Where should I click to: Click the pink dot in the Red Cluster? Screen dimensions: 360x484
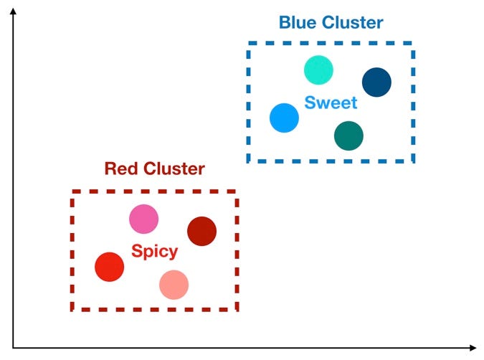tap(143, 219)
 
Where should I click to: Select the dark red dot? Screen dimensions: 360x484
tap(201, 231)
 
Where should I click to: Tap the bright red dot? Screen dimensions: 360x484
tap(110, 266)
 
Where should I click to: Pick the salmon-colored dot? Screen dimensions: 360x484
tap(174, 285)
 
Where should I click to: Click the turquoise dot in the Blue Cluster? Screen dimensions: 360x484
tap(318, 70)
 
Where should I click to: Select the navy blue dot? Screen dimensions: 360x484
tap(376, 82)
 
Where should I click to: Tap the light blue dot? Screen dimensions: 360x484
tap(284, 118)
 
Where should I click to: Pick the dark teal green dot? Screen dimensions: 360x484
tap(348, 135)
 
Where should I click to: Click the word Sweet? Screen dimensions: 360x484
tap(331, 103)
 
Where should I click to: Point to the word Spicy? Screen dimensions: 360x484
tap(154, 252)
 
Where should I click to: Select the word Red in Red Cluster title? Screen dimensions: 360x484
tap(120, 169)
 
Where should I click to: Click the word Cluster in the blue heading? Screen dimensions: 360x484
tap(353, 23)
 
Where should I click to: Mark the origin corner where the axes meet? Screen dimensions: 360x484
tap(13, 349)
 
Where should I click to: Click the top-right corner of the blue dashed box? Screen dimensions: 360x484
tap(413, 43)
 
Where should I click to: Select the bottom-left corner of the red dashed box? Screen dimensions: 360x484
tap(72, 310)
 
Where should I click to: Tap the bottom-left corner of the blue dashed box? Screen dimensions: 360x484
tap(249, 161)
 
